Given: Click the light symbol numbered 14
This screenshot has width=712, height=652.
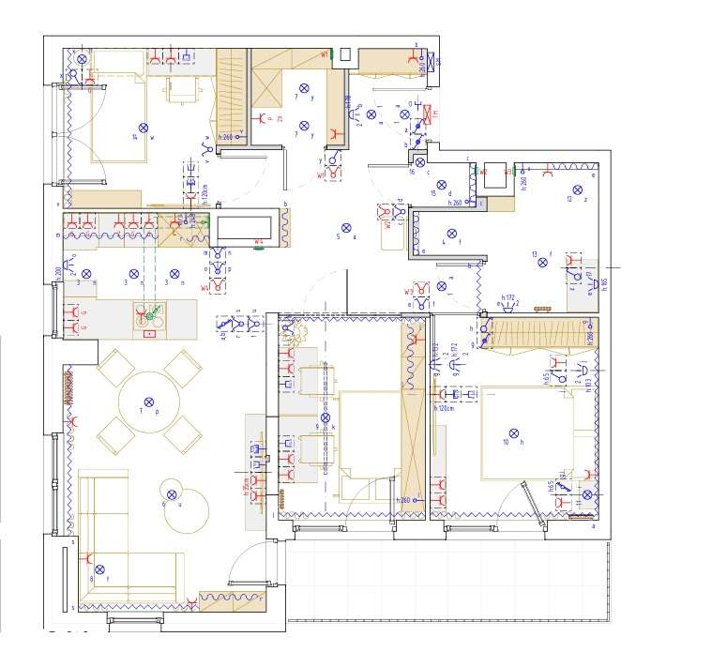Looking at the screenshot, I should [144, 127].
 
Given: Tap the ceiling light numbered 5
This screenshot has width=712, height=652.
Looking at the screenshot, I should [345, 228].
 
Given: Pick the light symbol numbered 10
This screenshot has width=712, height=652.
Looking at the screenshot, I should [513, 432].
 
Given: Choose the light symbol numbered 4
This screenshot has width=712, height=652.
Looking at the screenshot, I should [450, 234].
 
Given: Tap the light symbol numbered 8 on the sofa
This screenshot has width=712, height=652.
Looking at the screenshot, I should [98, 569].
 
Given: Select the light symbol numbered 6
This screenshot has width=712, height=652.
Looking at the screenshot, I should [172, 494].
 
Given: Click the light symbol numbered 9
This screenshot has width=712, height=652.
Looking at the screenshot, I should [326, 417].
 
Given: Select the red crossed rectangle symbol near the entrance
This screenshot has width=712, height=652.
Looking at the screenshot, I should [429, 114].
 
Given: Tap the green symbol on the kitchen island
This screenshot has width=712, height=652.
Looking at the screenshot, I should [150, 315].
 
